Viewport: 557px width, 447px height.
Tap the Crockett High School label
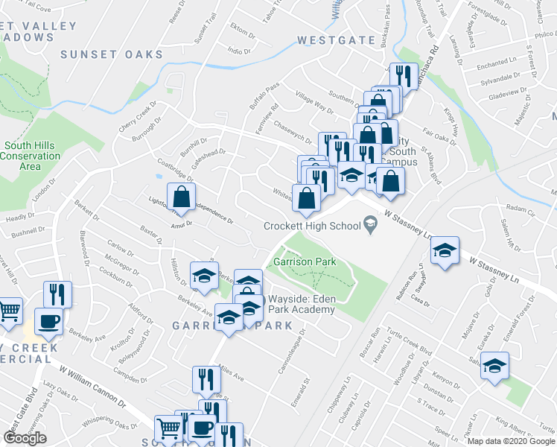(x=311, y=225)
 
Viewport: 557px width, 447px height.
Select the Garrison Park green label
(x=305, y=261)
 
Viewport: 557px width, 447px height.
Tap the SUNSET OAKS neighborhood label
(x=112, y=54)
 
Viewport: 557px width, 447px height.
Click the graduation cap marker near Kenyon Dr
(x=494, y=366)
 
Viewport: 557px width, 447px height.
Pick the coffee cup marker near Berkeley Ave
(x=50, y=322)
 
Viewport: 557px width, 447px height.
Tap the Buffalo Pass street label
(x=264, y=98)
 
